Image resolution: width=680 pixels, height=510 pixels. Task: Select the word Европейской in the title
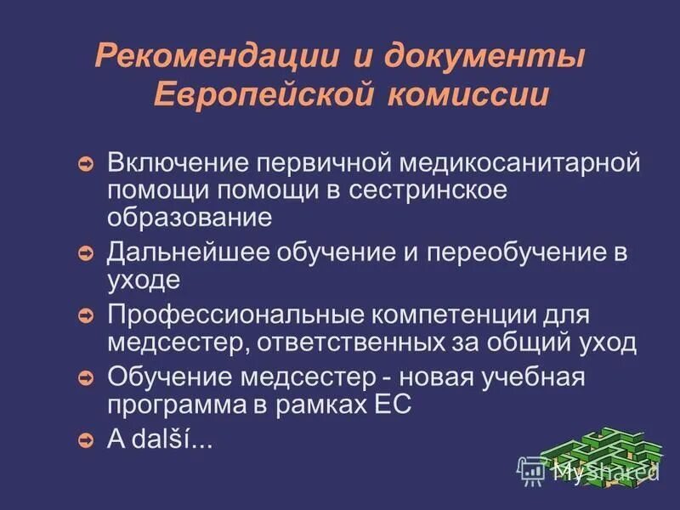click(264, 93)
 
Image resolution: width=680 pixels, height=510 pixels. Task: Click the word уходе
click(144, 279)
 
